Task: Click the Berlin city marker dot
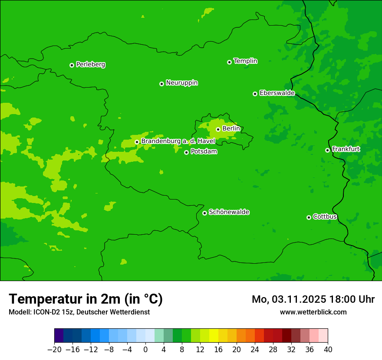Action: tap(218, 129)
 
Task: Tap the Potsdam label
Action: tap(204, 151)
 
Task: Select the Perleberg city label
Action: tap(91, 65)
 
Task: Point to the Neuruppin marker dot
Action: tap(161, 84)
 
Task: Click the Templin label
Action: tap(245, 61)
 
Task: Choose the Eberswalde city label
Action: tap(277, 93)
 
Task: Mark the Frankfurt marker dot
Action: tap(327, 150)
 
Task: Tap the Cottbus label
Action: tap(325, 216)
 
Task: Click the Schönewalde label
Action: tap(229, 212)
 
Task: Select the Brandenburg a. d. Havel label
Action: tap(178, 141)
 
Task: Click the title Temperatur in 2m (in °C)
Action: tap(86, 299)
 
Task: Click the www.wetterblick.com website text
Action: tap(313, 312)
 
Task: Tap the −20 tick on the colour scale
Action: tap(54, 350)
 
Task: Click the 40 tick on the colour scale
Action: tap(328, 350)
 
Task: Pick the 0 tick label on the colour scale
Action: tap(145, 350)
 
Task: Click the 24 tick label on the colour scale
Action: tap(255, 350)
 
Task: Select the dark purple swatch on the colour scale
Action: tap(59, 336)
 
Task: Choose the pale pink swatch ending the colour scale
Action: tap(323, 336)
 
